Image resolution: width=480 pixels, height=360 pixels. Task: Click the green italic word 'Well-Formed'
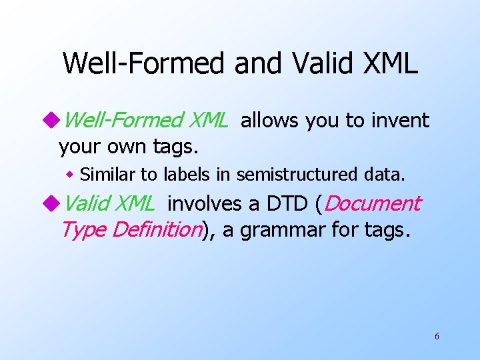click(124, 121)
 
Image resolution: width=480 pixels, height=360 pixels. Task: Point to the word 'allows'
click(271, 121)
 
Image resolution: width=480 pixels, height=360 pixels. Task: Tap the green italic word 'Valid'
click(89, 203)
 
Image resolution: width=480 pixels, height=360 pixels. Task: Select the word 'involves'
click(202, 203)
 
